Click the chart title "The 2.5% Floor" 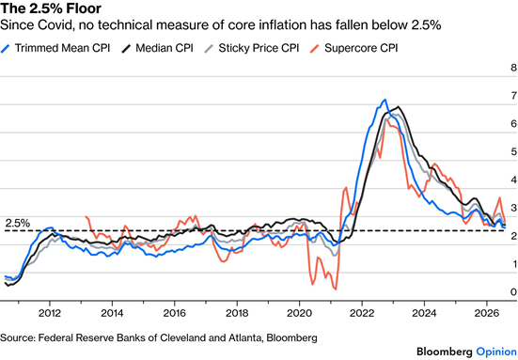51,8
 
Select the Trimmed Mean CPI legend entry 55,48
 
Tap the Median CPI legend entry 157,48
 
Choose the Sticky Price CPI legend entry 252,48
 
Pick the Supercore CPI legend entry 354,48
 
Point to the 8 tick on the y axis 513,68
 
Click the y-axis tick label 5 513,151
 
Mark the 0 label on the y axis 513,291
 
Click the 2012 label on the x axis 50,312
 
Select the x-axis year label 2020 299,312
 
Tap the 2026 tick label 487,312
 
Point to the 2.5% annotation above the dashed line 18,224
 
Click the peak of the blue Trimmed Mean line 385,100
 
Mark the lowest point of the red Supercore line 336,290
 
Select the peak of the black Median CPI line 399,106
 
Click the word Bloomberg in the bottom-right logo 445,352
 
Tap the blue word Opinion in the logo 496,352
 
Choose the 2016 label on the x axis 175,312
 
